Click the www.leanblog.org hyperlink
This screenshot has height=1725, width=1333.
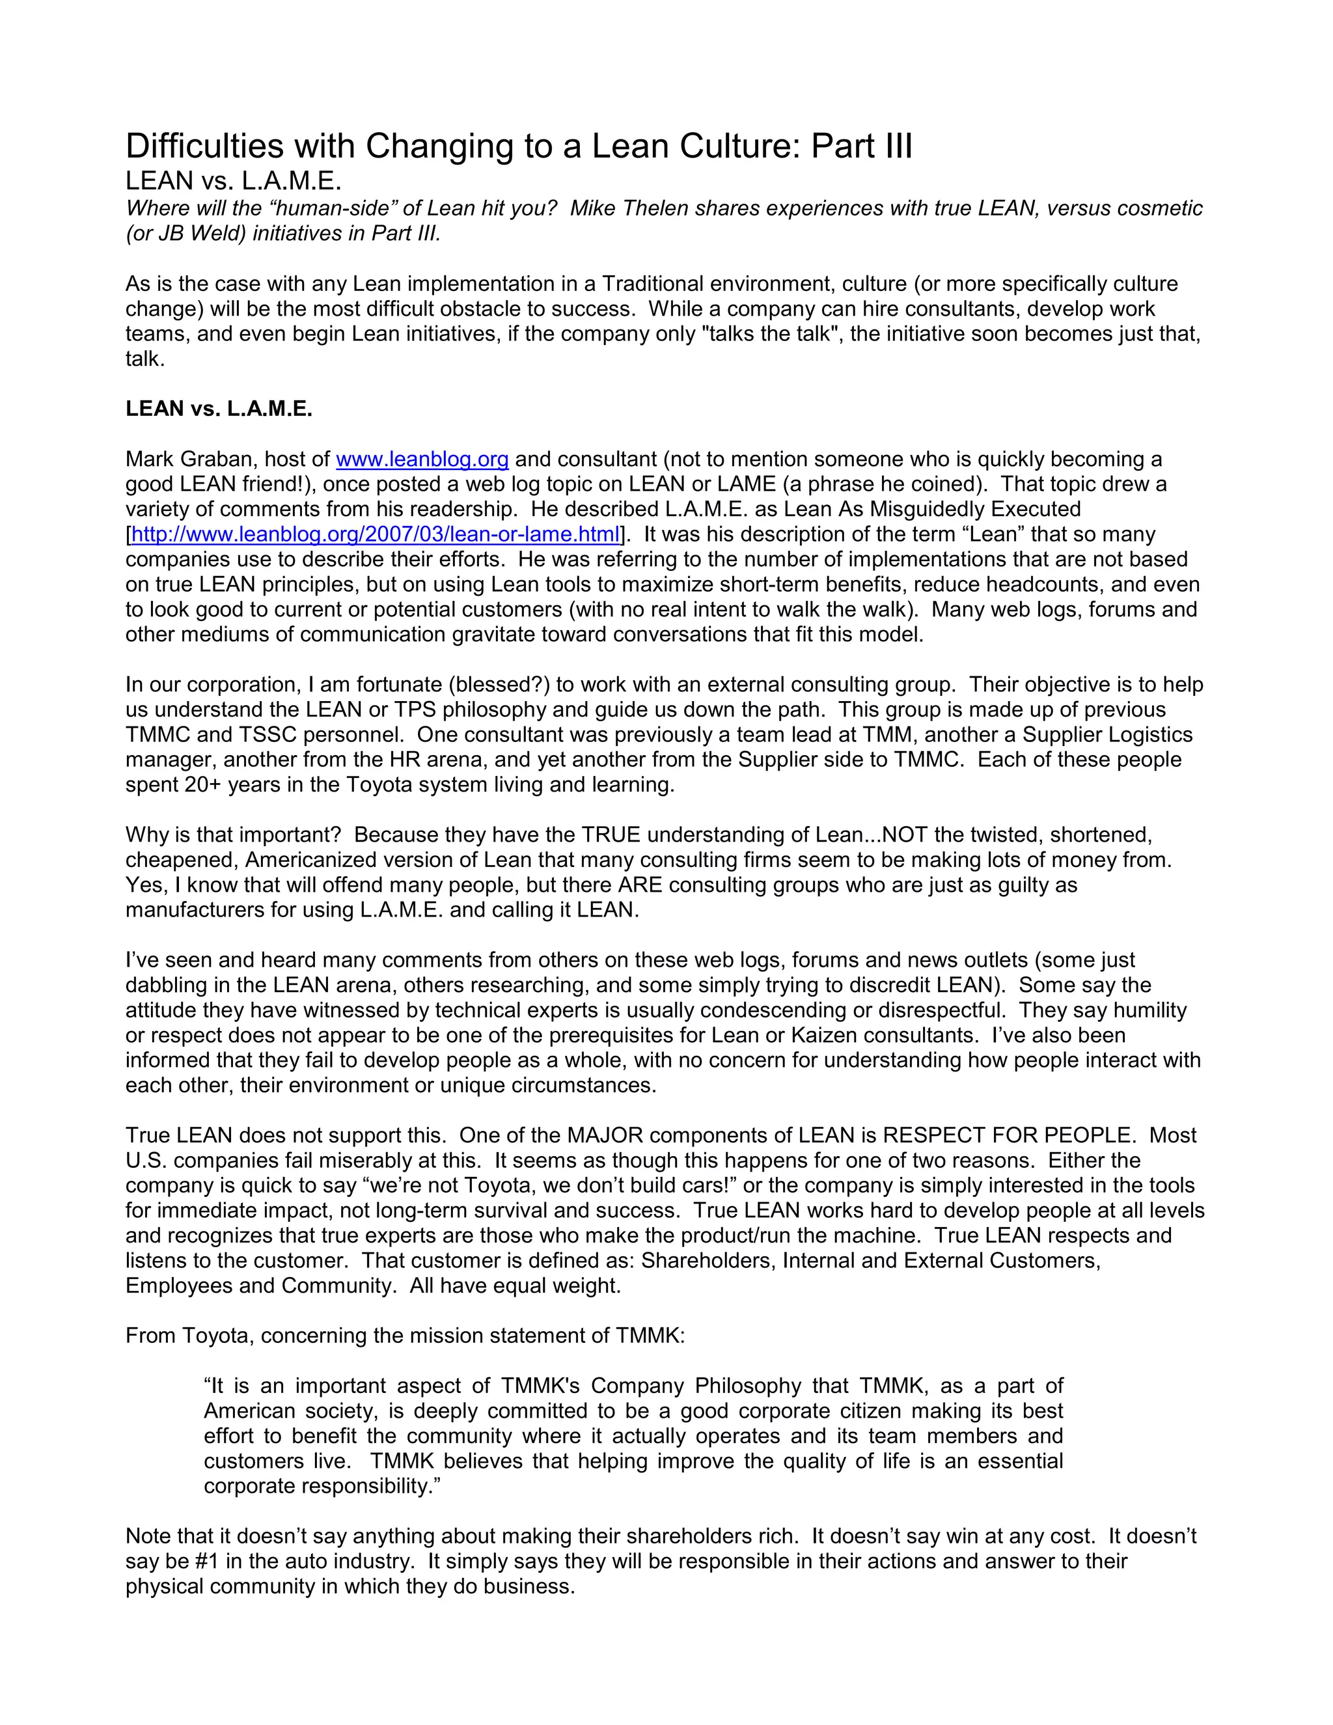(422, 459)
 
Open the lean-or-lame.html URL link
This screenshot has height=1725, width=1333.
(375, 534)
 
